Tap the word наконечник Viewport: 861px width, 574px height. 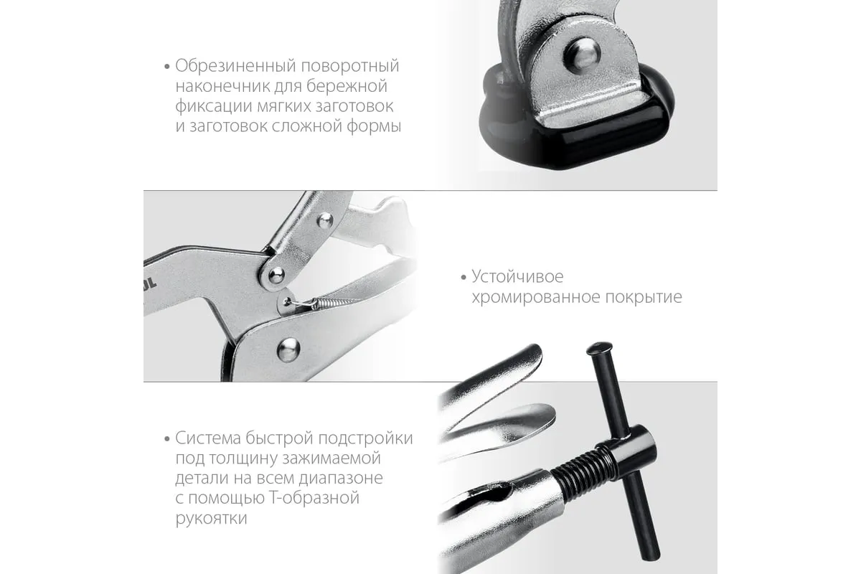222,86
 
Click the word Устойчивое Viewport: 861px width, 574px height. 518,276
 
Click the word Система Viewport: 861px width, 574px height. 208,438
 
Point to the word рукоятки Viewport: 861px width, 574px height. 212,519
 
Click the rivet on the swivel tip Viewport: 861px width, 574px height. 582,55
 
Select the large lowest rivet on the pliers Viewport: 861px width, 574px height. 288,349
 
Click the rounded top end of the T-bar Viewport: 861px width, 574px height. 600,347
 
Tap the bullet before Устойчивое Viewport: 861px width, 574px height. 464,277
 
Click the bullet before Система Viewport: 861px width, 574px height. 166,438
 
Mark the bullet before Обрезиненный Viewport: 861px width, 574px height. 166,67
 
